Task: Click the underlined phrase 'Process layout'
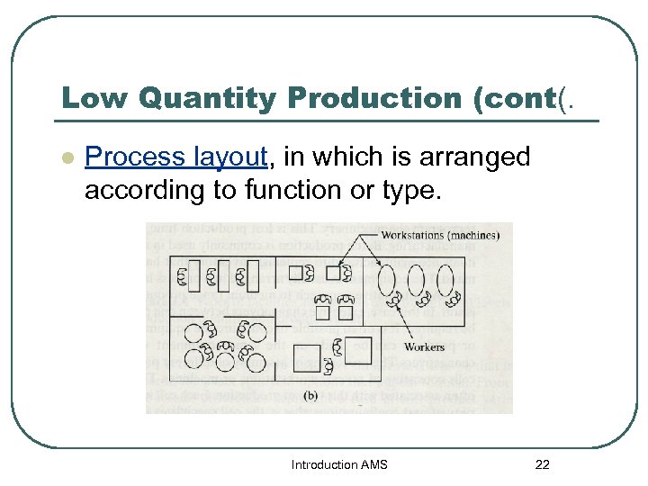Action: (x=176, y=157)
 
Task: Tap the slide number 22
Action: (x=542, y=464)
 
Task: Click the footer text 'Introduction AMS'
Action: (x=339, y=464)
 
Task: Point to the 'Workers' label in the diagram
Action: (x=424, y=346)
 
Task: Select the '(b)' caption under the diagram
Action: (x=310, y=394)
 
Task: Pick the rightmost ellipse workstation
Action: (x=445, y=281)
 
